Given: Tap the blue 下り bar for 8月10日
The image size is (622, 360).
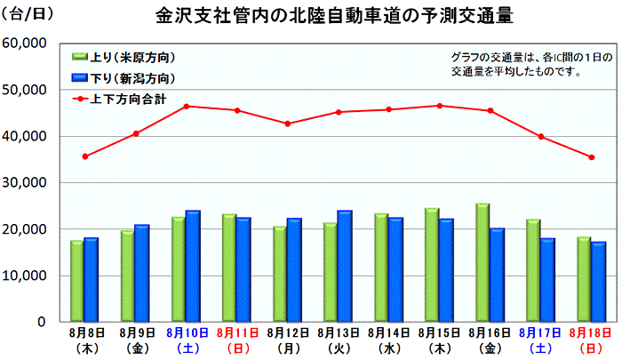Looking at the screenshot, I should coord(192,266).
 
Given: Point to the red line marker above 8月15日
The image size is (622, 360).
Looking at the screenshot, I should coord(440,106).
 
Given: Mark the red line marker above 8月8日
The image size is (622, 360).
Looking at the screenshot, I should coord(85,156).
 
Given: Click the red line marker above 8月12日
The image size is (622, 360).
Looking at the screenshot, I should coord(288,124).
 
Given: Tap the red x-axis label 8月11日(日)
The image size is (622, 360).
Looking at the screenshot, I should coord(237,338).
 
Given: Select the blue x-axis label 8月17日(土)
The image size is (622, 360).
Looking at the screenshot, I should coord(541,338).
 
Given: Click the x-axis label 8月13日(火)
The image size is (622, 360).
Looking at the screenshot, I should coord(339,338).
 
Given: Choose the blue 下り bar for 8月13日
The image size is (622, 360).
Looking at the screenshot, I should coord(345,266).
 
